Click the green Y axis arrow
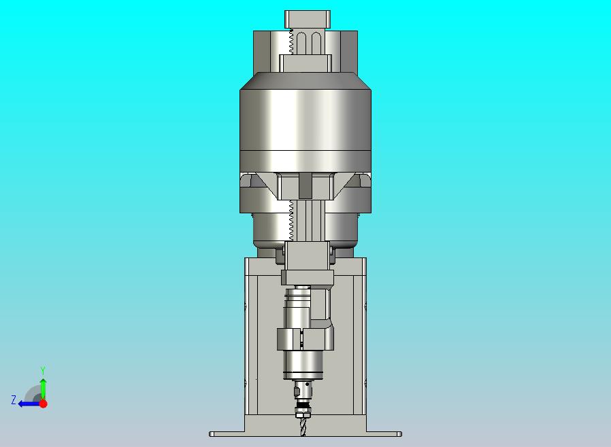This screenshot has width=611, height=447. tap(44, 389)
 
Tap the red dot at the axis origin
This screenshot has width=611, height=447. tap(44, 404)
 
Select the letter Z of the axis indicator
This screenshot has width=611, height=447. tap(14, 400)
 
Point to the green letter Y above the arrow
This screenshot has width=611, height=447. tap(43, 370)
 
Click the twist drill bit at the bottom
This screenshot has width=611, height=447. tap(303, 427)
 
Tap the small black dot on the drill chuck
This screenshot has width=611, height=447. tap(307, 385)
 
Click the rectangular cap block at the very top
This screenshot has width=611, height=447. tap(308, 19)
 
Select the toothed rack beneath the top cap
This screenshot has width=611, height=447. tap(291, 42)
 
